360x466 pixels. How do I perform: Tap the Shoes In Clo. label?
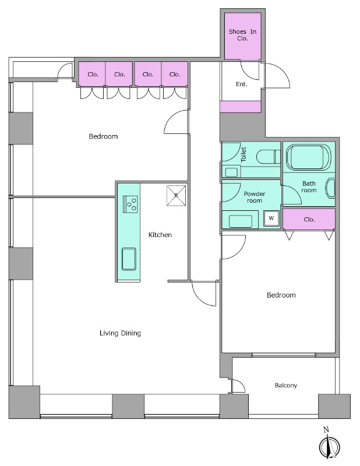242,35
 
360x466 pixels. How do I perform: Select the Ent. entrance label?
241,84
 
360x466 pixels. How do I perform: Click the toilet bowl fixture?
268,157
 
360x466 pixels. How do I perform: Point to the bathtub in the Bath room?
309,157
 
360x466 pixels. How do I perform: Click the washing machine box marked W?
271,218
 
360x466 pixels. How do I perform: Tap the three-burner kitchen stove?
130,204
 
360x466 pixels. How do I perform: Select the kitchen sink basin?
129,259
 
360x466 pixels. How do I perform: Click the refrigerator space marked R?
177,196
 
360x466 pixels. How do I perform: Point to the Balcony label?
285,386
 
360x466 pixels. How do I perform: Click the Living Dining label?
120,333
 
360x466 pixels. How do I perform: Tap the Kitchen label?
160,235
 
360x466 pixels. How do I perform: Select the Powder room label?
255,197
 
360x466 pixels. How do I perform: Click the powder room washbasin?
241,221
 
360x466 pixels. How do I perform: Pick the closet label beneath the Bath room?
309,220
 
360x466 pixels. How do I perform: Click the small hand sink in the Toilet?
231,172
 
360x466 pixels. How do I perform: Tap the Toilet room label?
243,154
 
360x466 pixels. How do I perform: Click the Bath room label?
309,187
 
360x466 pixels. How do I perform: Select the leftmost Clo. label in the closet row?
93,75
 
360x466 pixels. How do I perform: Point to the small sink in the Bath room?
330,188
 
